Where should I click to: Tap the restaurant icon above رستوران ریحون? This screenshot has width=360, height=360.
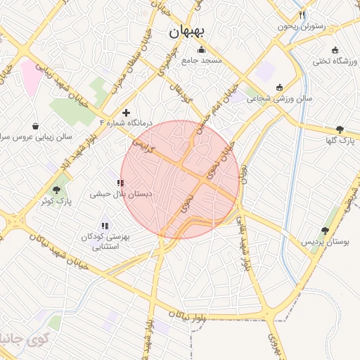point(302,15)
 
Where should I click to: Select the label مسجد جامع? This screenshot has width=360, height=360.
point(202,60)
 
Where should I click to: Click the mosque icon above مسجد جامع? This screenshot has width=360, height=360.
point(202,49)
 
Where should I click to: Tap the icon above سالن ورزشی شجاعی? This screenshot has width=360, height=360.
point(280,87)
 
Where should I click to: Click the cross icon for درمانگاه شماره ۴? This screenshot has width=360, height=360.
point(126,112)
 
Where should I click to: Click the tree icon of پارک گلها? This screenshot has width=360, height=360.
point(340,129)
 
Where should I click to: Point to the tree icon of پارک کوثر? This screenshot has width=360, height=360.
point(56,190)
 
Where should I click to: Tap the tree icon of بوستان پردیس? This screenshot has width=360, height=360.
point(325,231)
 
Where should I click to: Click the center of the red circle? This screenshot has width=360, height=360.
point(181,179)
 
